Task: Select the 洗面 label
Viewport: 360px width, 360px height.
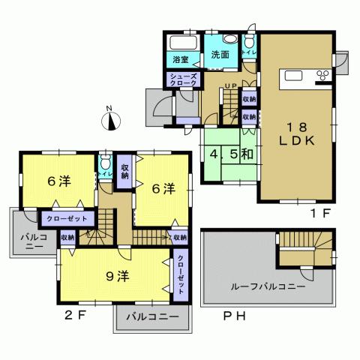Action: pyautogui.click(x=220, y=55)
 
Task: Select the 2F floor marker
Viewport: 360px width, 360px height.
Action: pyautogui.click(x=79, y=315)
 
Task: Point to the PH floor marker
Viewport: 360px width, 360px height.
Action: pyautogui.click(x=234, y=315)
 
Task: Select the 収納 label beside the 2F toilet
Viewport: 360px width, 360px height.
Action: pyautogui.click(x=124, y=172)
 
